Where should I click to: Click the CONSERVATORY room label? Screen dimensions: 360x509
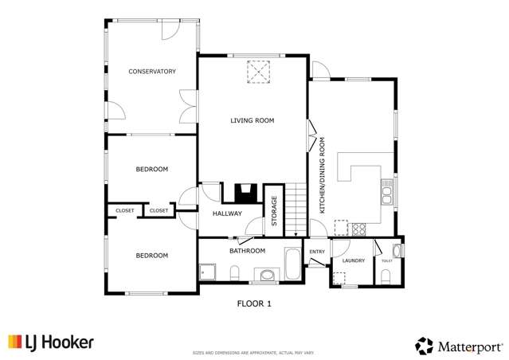(x=151, y=72)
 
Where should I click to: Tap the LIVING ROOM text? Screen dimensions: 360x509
(x=252, y=121)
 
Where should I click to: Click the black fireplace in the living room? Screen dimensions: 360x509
(x=244, y=193)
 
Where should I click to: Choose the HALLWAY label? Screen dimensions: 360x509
(x=227, y=213)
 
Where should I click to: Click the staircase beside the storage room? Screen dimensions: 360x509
(x=296, y=209)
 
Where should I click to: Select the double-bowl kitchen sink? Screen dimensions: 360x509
(x=387, y=193)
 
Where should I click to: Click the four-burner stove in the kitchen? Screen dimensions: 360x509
(x=359, y=229)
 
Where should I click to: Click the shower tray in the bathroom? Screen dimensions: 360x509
(x=208, y=273)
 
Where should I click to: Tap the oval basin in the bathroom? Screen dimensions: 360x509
(x=266, y=276)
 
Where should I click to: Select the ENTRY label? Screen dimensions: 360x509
(x=317, y=252)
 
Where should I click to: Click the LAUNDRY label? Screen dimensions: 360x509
(x=353, y=260)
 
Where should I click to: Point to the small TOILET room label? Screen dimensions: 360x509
(x=386, y=260)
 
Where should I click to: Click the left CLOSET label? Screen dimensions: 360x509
(x=125, y=210)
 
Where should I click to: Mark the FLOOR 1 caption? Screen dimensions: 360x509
(x=255, y=303)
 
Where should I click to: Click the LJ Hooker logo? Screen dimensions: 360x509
(x=51, y=342)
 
